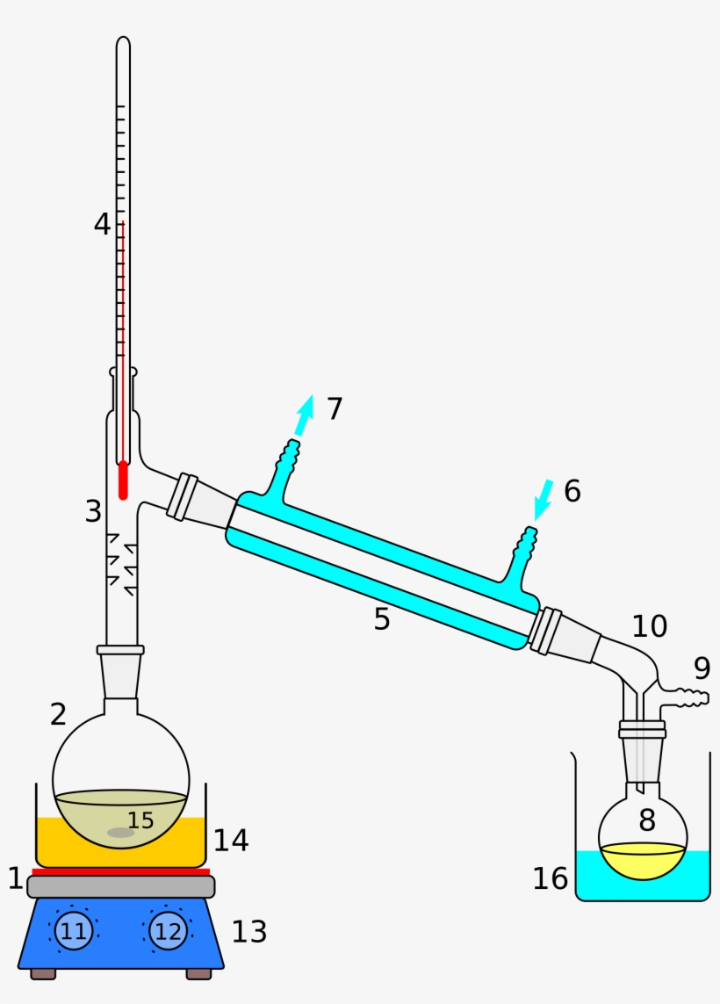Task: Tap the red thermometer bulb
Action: tap(123, 480)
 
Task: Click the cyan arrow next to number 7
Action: tap(303, 415)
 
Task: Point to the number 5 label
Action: tap(381, 618)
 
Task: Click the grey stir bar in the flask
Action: tap(120, 833)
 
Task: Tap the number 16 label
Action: tap(551, 878)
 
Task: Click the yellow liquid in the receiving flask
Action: tap(642, 858)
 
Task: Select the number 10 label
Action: tap(650, 626)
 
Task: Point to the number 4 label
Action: tap(103, 225)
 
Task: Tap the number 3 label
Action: tap(94, 511)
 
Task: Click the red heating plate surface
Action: tap(121, 871)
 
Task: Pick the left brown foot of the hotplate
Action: tap(43, 973)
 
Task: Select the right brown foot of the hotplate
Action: tap(198, 973)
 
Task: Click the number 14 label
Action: tap(231, 841)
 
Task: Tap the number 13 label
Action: tap(249, 932)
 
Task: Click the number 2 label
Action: tap(58, 714)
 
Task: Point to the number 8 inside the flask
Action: tap(647, 820)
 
